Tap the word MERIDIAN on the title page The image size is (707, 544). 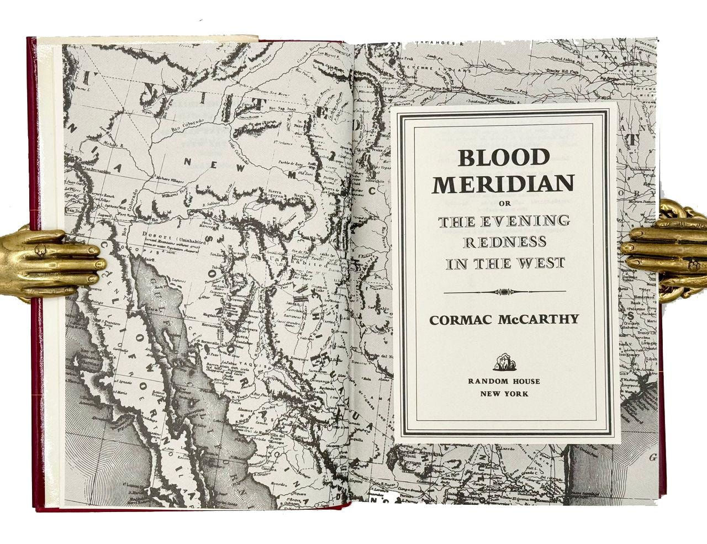503,184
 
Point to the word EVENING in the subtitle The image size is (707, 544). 527,222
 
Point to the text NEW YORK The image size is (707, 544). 504,394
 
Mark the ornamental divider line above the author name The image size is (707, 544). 504,292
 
